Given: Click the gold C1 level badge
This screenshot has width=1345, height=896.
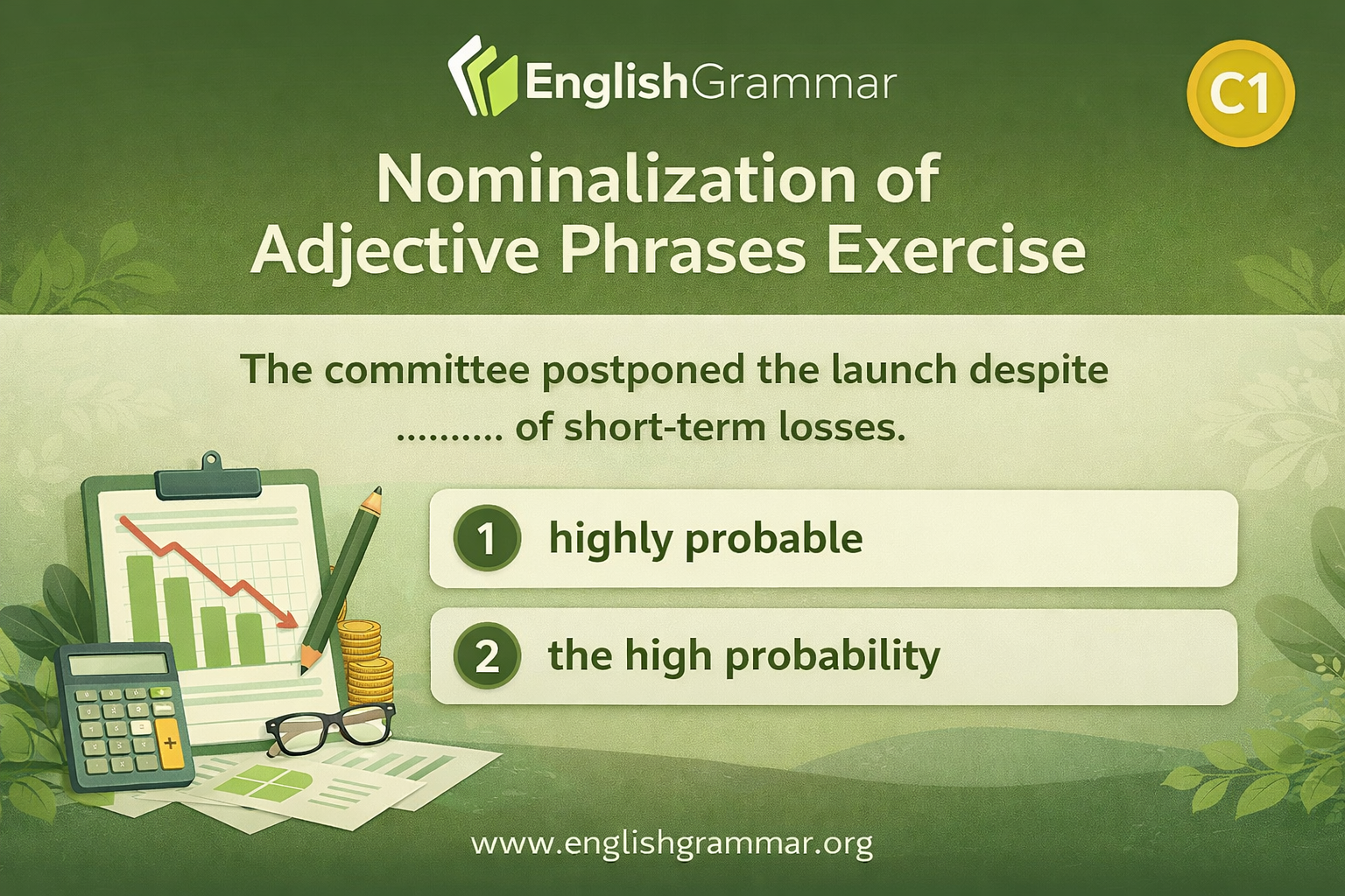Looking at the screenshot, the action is [1240, 94].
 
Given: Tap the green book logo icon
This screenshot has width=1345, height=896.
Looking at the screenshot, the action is [482, 76].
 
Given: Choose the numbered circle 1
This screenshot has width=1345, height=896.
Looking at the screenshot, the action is [487, 538].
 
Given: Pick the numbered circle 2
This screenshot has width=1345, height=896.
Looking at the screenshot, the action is [487, 656].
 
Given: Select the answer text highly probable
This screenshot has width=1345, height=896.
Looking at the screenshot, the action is [706, 540].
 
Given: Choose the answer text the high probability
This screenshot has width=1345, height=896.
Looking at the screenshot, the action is [744, 657].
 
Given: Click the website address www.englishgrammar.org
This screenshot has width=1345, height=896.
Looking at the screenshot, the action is [672, 843].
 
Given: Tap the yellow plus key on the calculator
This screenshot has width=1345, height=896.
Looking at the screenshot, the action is [169, 743].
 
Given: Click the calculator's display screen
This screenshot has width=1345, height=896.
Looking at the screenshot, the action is [118, 664].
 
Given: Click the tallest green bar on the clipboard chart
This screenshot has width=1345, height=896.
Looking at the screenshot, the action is [140, 611].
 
